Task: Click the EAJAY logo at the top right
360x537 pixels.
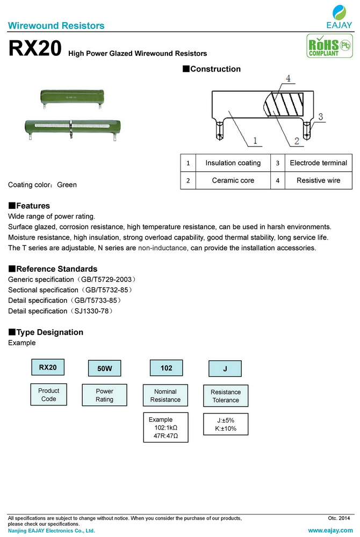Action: [340, 17]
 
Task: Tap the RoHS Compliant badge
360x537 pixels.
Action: [325, 47]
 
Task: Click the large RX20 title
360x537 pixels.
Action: [35, 49]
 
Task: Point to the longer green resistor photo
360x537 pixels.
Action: [70, 127]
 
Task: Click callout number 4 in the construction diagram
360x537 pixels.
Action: [288, 79]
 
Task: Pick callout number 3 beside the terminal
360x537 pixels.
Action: [320, 117]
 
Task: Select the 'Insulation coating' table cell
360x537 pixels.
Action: [233, 163]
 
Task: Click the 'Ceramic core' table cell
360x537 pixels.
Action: [233, 180]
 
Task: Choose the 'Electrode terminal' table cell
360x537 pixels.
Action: [318, 163]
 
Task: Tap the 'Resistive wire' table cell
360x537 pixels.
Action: [318, 180]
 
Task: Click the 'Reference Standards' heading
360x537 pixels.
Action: [53, 268]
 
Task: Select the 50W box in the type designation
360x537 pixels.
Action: [104, 369]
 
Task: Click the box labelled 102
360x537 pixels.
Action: [167, 368]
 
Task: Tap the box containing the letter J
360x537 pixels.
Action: [225, 369]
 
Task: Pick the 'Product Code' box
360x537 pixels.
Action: [48, 395]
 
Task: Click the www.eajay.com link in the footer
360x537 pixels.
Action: [330, 530]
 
